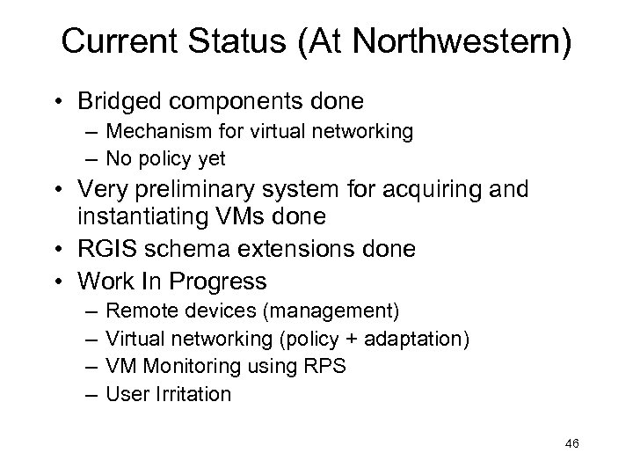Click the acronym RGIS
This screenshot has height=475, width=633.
107,250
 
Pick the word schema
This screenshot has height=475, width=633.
192,250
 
